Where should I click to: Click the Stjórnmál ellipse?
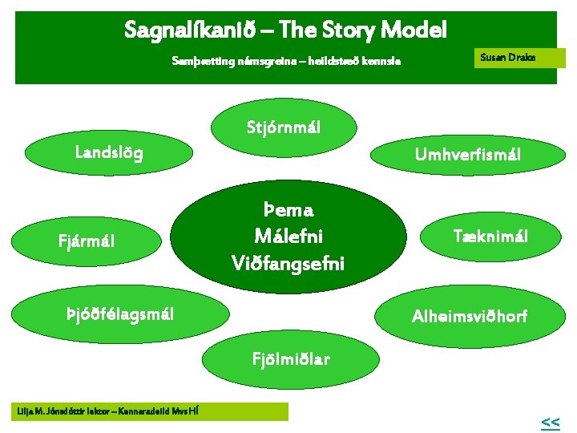[277, 127]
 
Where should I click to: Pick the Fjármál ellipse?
[91, 239]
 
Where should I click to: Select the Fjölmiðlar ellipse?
[284, 356]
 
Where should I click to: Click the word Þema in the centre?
[288, 210]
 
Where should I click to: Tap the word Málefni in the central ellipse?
[288, 236]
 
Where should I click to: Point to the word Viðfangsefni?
[288, 261]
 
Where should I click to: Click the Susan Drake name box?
[519, 58]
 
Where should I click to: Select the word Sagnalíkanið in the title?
[191, 30]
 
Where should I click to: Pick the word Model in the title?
[415, 30]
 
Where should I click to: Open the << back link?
[550, 422]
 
